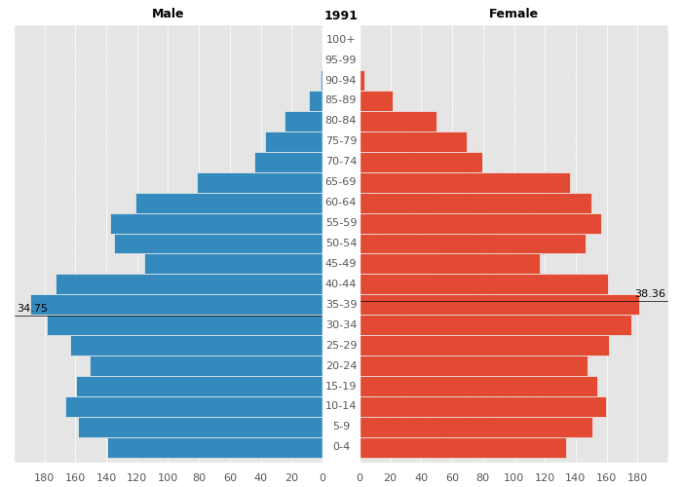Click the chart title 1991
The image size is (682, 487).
[341, 16]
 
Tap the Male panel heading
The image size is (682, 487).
[168, 14]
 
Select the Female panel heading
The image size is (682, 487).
[513, 14]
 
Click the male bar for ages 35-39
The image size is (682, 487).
[176, 305]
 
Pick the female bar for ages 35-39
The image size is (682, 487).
[499, 305]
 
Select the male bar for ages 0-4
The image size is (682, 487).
[214, 448]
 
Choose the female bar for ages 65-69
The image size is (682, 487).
[465, 182]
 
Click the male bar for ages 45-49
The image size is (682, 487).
[234, 264]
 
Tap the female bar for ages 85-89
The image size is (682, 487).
[376, 101]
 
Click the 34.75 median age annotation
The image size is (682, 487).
[32, 309]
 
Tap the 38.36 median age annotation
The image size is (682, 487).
[650, 294]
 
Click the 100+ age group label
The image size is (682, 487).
[341, 40]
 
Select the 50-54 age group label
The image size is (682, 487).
[341, 243]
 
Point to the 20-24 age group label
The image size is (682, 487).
[341, 366]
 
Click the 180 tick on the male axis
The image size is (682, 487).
[44, 477]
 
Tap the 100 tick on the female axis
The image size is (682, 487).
[513, 477]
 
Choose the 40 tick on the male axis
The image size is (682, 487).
[260, 477]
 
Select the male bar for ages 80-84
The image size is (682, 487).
[303, 122]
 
